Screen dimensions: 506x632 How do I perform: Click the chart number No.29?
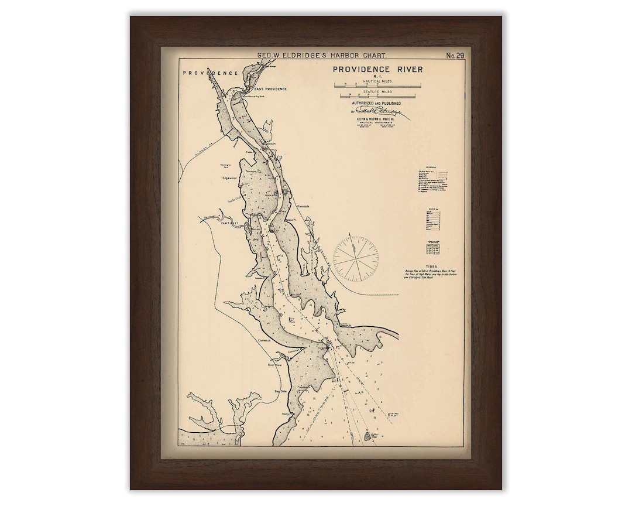455,56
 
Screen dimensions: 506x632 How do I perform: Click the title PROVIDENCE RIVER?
377,70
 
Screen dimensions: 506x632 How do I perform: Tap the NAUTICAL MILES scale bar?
375,85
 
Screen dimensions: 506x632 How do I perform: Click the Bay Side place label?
283,391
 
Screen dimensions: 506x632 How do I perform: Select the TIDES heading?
431,265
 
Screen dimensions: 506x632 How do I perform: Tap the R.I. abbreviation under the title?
377,77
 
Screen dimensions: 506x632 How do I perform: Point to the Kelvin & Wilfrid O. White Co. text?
376,119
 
